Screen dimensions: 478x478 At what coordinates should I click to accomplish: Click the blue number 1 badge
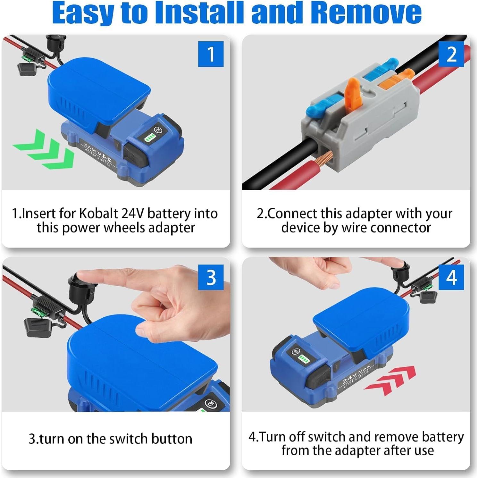211,54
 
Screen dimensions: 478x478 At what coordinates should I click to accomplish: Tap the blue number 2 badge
451,54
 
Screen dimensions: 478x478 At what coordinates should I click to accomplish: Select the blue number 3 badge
211,277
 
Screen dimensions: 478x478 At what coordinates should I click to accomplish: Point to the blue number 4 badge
451,277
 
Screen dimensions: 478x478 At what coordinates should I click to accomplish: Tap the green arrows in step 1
45,149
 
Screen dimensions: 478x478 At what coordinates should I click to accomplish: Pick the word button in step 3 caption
172,439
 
